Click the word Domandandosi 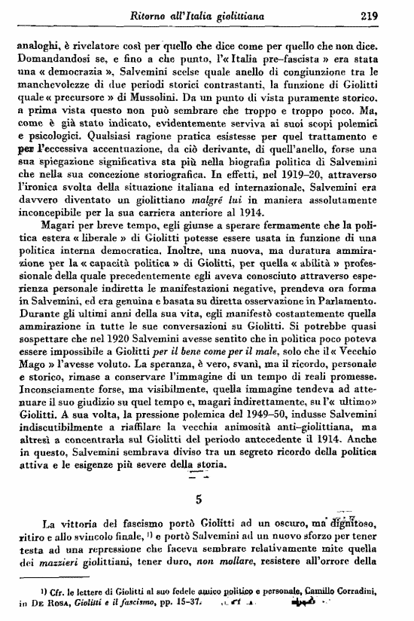click(50, 60)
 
